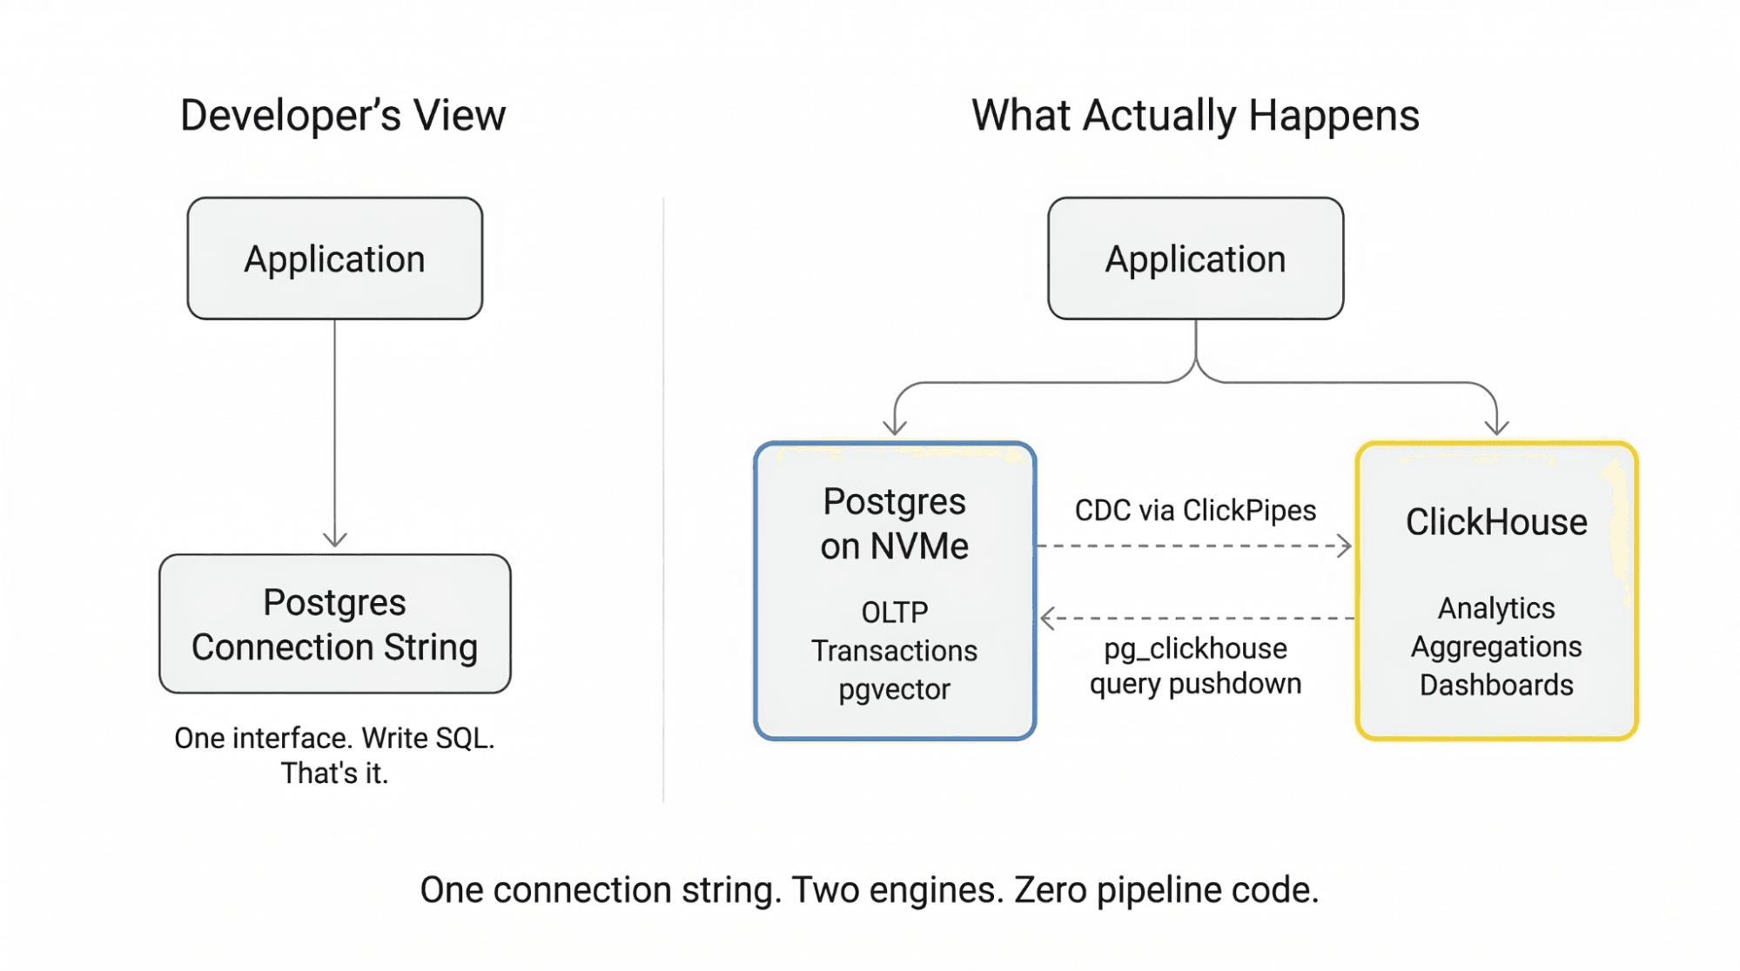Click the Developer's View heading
342,116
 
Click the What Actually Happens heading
1194,116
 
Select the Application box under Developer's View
334,258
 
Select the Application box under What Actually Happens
1194,258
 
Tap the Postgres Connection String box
334,624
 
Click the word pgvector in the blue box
894,689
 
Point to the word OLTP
894,613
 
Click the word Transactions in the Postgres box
894,651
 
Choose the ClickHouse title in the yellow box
1495,522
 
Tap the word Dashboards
1495,685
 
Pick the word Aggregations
1495,646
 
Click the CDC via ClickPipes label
1194,510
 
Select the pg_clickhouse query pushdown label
1194,666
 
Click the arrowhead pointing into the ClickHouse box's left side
1346,546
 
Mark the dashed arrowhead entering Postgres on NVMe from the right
1046,619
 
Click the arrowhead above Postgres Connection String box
334,540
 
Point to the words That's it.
334,773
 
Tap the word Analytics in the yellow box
1495,608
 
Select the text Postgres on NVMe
894,524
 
